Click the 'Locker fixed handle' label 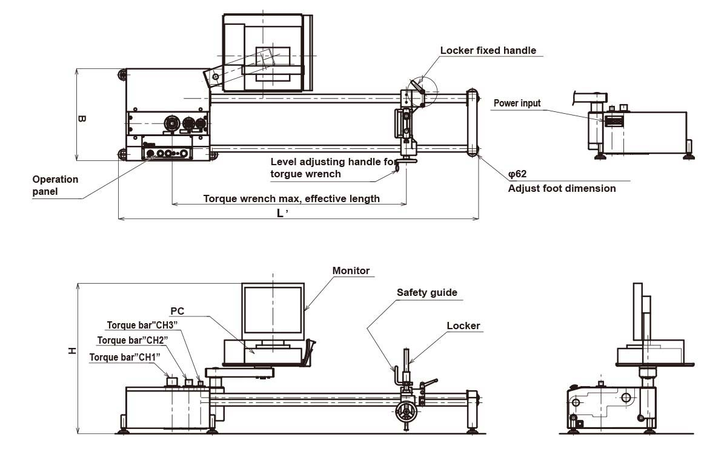point(488,51)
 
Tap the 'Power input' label point(517,103)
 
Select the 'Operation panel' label point(55,185)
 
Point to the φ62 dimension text point(517,174)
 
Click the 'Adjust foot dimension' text point(562,188)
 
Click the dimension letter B point(82,119)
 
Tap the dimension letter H point(72,350)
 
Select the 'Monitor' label point(351,271)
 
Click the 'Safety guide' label point(427,293)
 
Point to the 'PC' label point(177,311)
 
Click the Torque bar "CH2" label point(132,341)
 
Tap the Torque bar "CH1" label point(124,357)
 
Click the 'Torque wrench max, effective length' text point(291,198)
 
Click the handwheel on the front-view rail point(404,414)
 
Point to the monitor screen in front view point(273,310)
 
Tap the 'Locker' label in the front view point(463,326)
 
